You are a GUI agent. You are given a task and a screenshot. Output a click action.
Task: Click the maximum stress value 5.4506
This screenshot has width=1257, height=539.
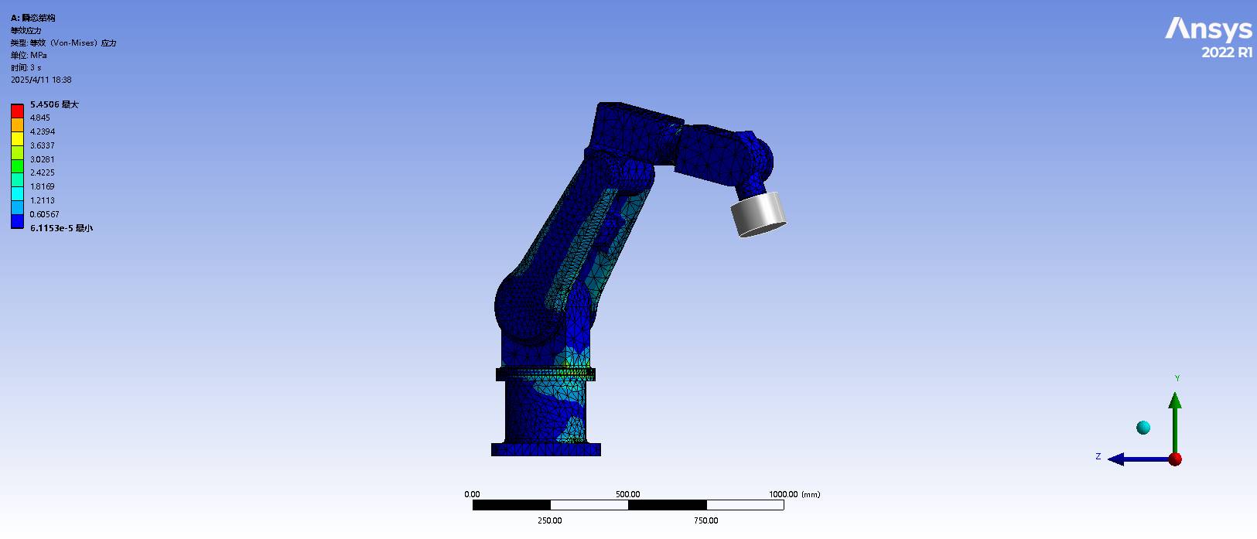[44, 104]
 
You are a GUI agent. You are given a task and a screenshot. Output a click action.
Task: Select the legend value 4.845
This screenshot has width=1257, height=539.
[40, 118]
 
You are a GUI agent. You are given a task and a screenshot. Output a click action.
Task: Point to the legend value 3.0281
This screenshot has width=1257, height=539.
[42, 159]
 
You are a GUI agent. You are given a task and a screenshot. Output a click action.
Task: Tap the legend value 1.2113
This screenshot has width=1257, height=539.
[42, 200]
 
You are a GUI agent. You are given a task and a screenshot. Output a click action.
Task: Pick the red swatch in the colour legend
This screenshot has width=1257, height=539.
[17, 111]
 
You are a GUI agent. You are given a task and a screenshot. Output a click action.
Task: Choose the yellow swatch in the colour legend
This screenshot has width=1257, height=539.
[17, 138]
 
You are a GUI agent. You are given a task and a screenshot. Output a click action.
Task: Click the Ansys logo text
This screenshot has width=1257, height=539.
[1208, 29]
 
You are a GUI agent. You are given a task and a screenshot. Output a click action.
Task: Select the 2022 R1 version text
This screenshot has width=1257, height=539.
[1227, 52]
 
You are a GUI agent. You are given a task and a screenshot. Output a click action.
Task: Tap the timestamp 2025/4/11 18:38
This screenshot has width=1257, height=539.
[41, 80]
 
